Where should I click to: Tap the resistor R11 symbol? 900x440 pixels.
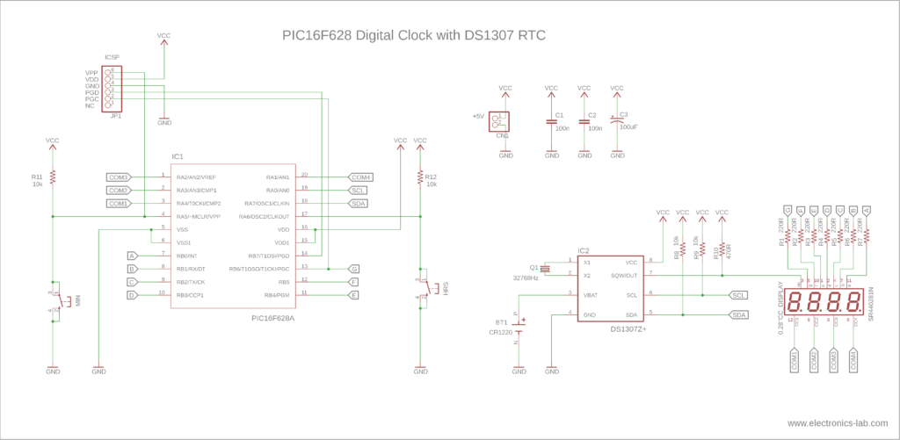tap(53, 177)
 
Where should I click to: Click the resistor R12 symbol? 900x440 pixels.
tap(420, 177)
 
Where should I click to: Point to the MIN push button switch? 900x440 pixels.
tap(55, 299)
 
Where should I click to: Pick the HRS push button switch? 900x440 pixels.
tap(425, 287)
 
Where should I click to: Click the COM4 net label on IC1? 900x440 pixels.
tap(360, 177)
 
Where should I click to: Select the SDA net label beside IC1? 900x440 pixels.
tap(358, 203)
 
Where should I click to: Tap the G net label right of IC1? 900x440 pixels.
tap(353, 269)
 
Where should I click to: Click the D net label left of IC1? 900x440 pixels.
tap(132, 295)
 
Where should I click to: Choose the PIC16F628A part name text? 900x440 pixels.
tap(272, 318)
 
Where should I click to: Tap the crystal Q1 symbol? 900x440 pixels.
tap(544, 268)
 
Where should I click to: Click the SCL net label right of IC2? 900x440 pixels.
tap(738, 295)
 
